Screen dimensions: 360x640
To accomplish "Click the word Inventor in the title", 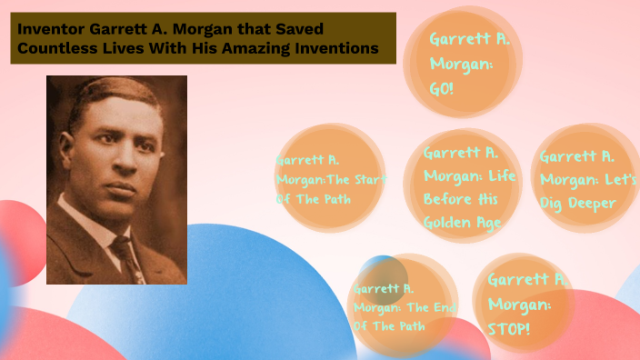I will (48, 29).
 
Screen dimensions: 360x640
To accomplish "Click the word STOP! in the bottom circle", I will (509, 325).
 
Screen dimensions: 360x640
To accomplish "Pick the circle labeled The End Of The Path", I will (401, 305).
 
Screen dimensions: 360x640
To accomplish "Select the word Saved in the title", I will (299, 29).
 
